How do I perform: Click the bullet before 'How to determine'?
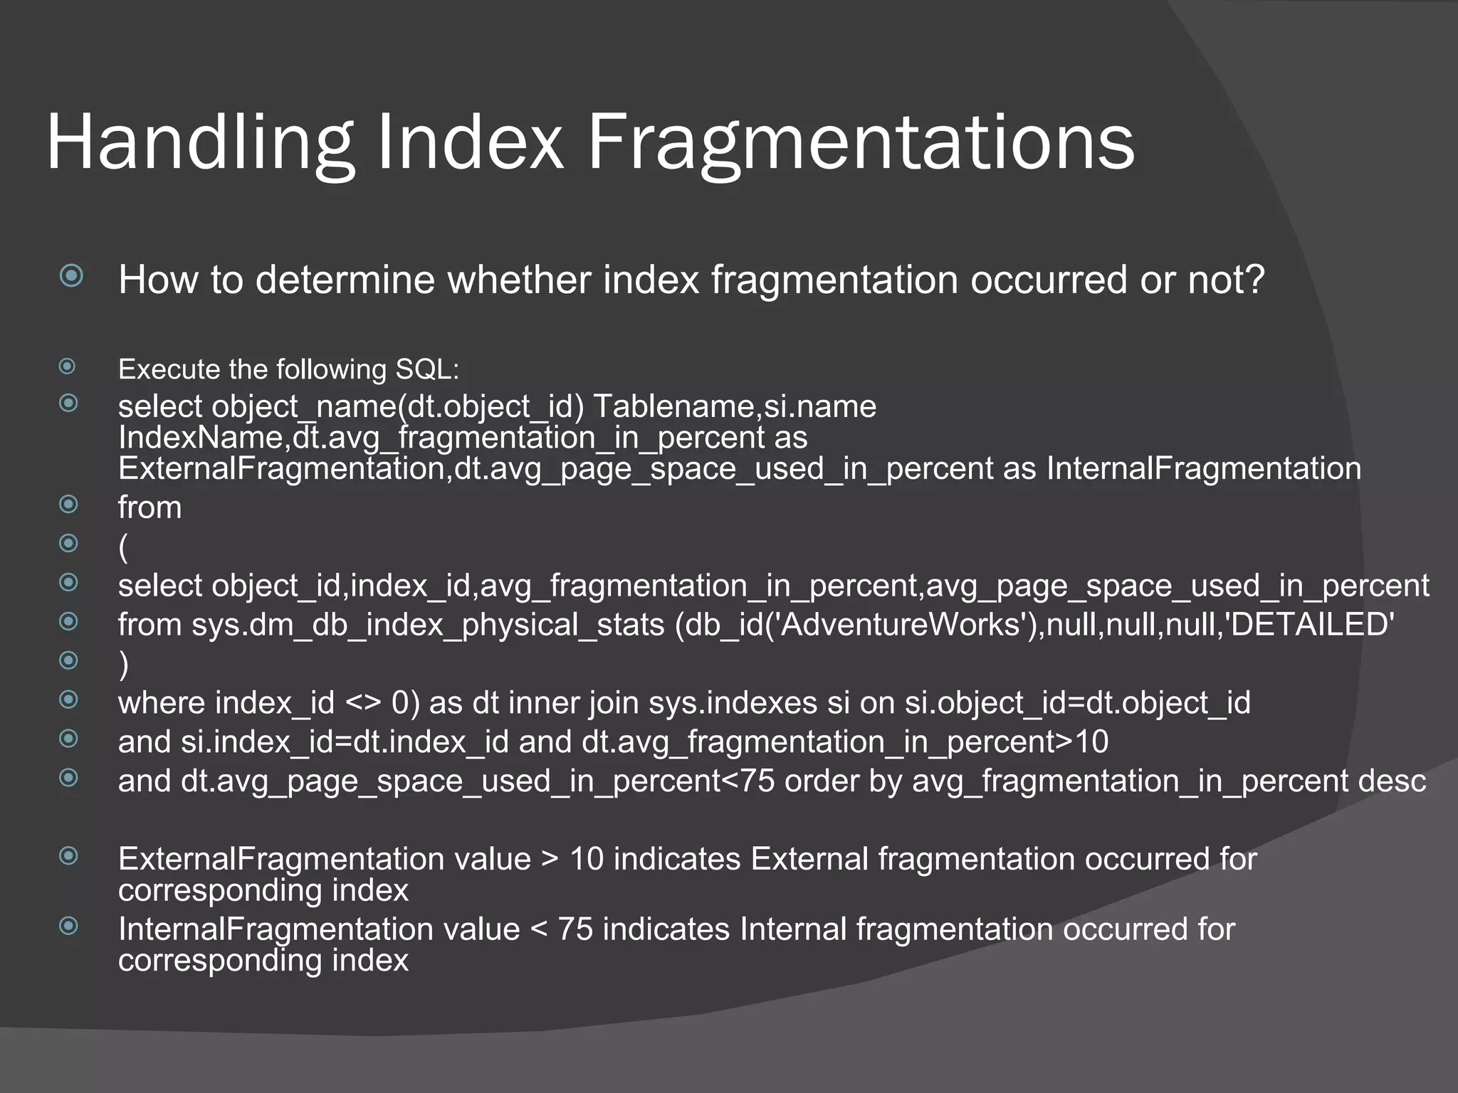(71, 275)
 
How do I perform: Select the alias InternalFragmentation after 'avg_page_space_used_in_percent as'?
(1203, 469)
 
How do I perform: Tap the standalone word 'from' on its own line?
(150, 508)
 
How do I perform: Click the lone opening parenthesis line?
(124, 547)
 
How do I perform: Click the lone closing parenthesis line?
(124, 665)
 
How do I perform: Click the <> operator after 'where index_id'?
(363, 703)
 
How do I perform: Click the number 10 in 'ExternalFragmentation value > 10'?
(587, 860)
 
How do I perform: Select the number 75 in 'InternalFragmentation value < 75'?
(575, 930)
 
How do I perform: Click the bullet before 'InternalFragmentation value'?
(68, 926)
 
